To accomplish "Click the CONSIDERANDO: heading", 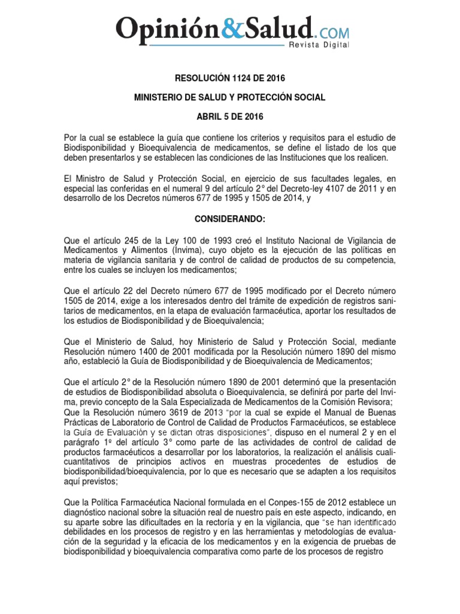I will point(229,219).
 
